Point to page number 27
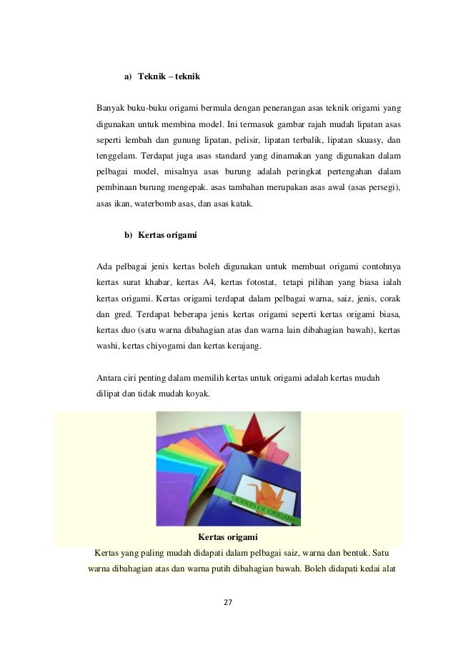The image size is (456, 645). (x=229, y=602)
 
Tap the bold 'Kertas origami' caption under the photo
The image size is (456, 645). (x=227, y=536)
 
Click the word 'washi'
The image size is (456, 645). (x=108, y=346)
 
